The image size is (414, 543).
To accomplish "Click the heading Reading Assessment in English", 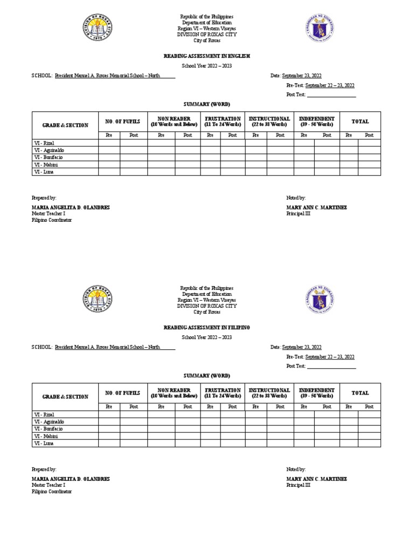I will click(x=206, y=56).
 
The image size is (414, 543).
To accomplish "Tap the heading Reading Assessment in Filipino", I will click(x=206, y=327).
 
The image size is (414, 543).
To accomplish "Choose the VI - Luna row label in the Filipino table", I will click(x=44, y=443).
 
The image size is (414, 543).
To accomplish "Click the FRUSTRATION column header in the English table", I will click(x=223, y=121).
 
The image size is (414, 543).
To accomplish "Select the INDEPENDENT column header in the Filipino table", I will click(x=316, y=393).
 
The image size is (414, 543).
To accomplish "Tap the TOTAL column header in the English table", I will click(x=360, y=122).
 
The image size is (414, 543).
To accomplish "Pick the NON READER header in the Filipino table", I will click(x=174, y=393).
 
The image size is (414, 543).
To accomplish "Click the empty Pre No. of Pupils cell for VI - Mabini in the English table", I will click(x=109, y=165).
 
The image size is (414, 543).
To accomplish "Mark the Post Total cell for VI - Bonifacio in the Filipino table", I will click(x=369, y=429).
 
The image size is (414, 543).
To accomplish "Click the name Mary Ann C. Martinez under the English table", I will click(x=316, y=208).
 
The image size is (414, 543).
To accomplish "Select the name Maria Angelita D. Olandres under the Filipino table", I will click(x=71, y=479).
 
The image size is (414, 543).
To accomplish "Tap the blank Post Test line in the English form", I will click(x=331, y=94).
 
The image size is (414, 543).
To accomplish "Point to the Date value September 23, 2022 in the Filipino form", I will click(x=301, y=347).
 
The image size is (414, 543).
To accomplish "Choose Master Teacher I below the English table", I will click(x=48, y=214).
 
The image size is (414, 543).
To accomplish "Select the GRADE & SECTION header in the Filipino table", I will click(x=65, y=397).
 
